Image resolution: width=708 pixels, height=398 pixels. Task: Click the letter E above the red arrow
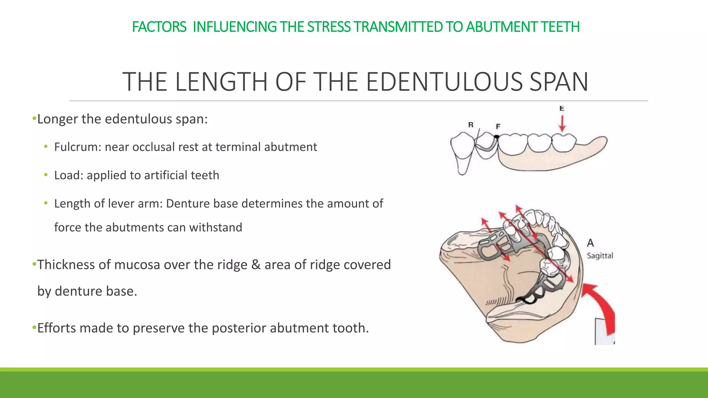(562, 108)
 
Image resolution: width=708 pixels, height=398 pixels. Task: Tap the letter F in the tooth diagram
(498, 126)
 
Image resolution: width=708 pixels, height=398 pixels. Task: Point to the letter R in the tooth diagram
(471, 125)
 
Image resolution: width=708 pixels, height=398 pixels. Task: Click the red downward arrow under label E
(562, 124)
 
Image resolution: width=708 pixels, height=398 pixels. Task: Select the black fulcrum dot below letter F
(497, 137)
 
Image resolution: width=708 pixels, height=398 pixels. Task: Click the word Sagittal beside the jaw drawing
(600, 256)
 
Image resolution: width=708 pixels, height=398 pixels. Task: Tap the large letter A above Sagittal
(590, 243)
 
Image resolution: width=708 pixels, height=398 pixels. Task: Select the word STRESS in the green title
(329, 27)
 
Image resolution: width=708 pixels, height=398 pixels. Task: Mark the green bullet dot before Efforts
(34, 327)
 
